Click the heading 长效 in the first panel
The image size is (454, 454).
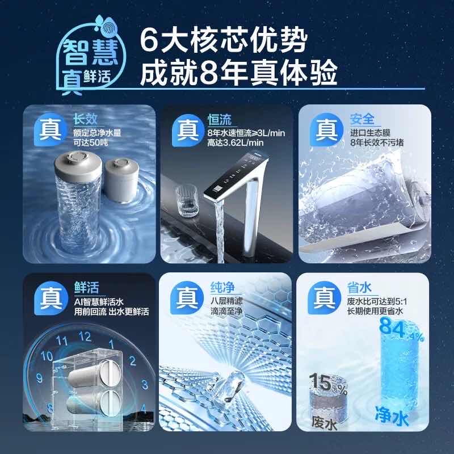click(x=85, y=119)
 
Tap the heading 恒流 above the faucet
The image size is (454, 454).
click(x=220, y=120)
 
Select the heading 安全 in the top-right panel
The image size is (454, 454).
click(x=362, y=119)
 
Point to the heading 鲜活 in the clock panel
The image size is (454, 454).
click(x=87, y=288)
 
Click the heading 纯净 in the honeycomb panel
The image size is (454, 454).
click(x=222, y=287)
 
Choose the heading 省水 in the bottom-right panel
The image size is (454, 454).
click(x=359, y=287)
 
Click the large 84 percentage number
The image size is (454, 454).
click(x=392, y=328)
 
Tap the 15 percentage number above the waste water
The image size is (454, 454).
click(x=321, y=382)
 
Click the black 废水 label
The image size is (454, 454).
click(x=324, y=422)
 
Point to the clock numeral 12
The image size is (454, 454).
click(x=85, y=337)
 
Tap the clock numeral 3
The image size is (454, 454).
click(x=145, y=385)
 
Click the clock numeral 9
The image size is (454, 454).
click(x=39, y=378)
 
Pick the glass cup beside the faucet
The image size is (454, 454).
click(x=187, y=201)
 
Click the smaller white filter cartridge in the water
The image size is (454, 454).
click(x=121, y=180)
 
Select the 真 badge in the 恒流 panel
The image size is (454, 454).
click(x=188, y=131)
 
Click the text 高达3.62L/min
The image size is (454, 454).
click(x=236, y=142)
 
